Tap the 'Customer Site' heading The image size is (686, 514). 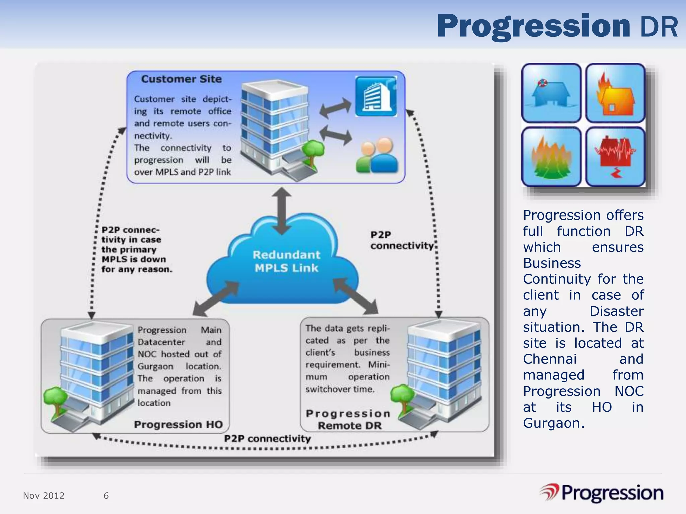coord(181,79)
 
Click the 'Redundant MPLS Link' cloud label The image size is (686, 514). coord(286,261)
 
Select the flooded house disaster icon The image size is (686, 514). coord(551,93)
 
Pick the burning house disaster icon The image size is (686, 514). coord(615,93)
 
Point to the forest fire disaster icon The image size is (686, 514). coord(551,157)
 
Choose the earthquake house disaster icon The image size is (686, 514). coord(615,157)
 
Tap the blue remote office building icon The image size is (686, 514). coord(376,96)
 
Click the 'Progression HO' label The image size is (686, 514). coord(178,424)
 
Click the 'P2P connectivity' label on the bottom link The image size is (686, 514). coord(267,439)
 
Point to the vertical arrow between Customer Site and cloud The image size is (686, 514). coord(281,211)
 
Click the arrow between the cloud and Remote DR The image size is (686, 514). coord(355,296)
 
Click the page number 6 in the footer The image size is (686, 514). coord(106,496)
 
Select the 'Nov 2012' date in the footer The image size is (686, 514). coord(44,496)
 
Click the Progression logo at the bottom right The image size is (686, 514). coord(601,493)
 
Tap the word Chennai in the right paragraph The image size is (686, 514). coord(550,359)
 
